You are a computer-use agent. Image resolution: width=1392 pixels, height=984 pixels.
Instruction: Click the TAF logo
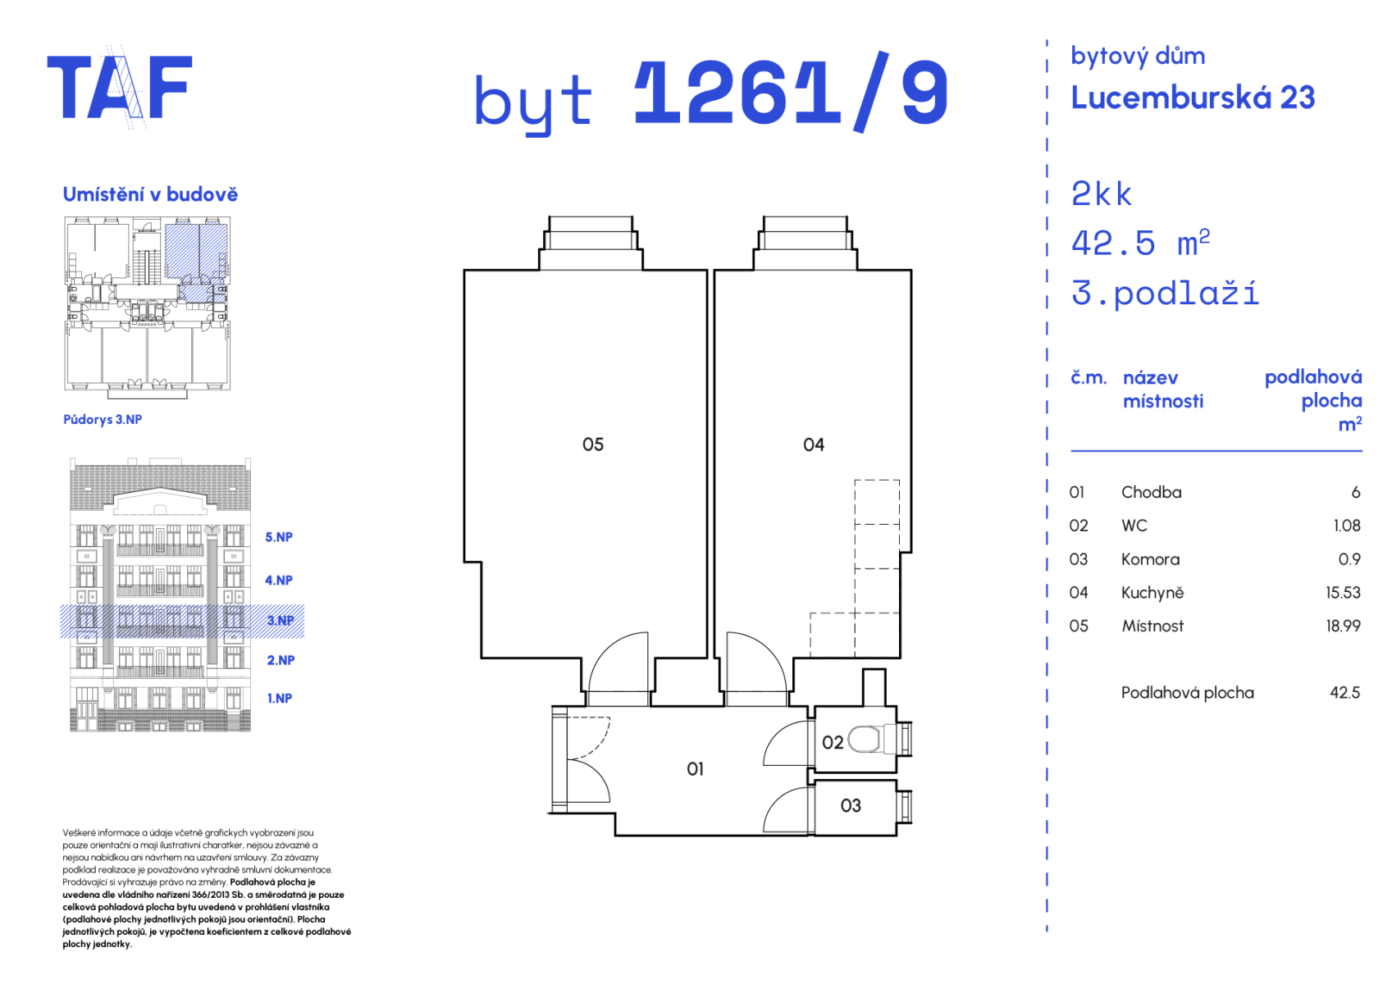(120, 88)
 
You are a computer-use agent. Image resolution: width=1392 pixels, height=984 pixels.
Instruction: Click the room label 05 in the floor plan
(592, 444)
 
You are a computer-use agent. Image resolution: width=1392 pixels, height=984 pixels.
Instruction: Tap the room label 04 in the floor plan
(813, 444)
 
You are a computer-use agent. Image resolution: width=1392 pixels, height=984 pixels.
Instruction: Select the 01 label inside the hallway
(695, 769)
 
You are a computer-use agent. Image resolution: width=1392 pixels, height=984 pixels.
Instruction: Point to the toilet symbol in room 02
(865, 740)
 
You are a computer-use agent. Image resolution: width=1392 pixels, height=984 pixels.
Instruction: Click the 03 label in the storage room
(851, 806)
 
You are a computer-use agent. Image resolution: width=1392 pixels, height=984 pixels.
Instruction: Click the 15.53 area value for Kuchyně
(1343, 593)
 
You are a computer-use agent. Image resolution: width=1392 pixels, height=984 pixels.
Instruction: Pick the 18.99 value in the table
(1343, 626)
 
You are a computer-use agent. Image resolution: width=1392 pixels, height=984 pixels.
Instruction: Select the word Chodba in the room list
(1151, 493)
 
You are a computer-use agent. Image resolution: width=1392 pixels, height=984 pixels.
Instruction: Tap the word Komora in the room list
(1150, 559)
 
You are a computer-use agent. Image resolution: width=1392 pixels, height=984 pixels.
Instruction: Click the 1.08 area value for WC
(1346, 526)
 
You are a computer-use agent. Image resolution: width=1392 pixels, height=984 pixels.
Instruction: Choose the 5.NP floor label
(279, 537)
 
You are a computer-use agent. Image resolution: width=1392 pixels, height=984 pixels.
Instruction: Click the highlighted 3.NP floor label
(281, 621)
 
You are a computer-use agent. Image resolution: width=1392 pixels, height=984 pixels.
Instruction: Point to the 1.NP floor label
(279, 699)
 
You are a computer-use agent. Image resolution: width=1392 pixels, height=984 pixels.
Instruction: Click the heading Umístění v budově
(150, 194)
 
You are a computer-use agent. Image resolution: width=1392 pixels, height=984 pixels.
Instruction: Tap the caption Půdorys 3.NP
(103, 419)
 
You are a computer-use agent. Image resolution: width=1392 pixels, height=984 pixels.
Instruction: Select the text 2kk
(1101, 194)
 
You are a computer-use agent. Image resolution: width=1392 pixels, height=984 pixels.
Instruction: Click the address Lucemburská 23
(1193, 98)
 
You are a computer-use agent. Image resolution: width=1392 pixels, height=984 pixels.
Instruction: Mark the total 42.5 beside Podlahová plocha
(1344, 693)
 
